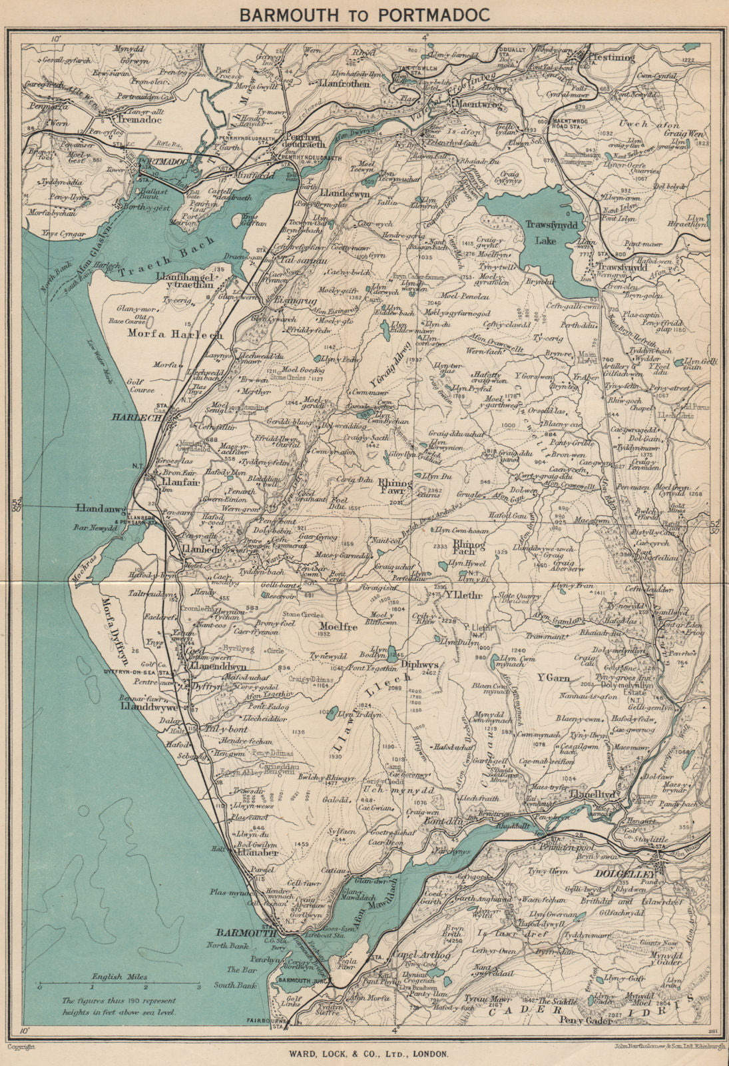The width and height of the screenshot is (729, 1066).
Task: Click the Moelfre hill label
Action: click(339, 626)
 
